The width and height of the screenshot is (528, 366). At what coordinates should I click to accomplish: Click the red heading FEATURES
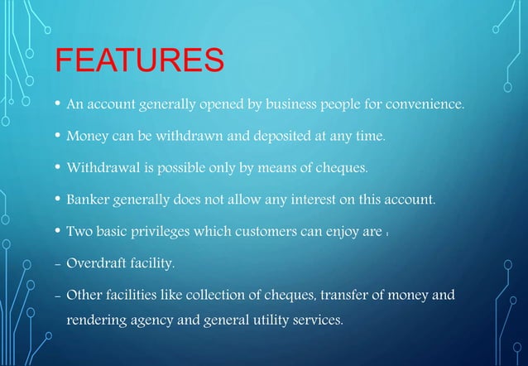pyautogui.click(x=139, y=60)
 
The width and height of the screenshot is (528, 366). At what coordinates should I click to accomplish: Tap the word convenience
pyautogui.click(x=425, y=106)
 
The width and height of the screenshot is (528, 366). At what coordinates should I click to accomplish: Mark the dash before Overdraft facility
pyautogui.click(x=56, y=266)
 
